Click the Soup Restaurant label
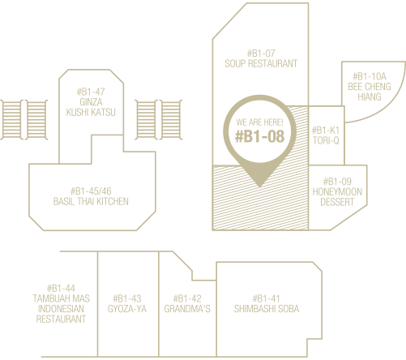pos(261,63)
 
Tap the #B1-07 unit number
pos(261,54)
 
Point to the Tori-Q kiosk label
pos(326,140)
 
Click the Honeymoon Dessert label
pos(337,197)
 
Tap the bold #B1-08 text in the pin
pos(260,136)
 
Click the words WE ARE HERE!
pos(259,122)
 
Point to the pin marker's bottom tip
pos(259,187)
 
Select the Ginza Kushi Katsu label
pos(91,107)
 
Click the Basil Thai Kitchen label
pos(91,201)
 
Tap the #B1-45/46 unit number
pos(91,191)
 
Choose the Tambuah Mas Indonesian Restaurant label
pos(61,309)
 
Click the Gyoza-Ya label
pos(127,309)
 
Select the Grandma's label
pos(187,309)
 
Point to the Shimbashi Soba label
pos(267,309)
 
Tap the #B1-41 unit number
pos(267,298)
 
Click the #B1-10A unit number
pos(370,76)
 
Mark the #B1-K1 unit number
pos(326,131)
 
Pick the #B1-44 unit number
pos(61,288)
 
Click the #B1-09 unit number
pos(337,182)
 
